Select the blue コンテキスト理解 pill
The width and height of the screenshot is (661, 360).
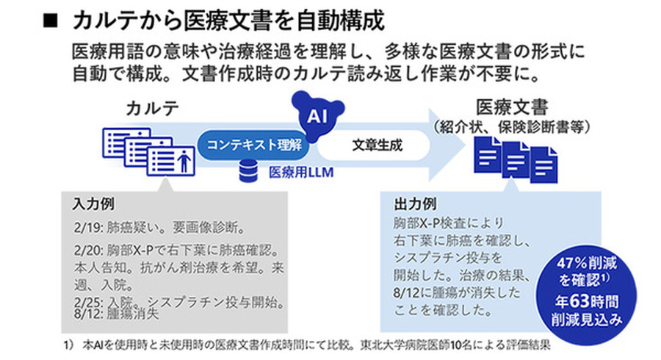click(253, 145)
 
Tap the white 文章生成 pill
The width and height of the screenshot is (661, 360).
click(377, 145)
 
